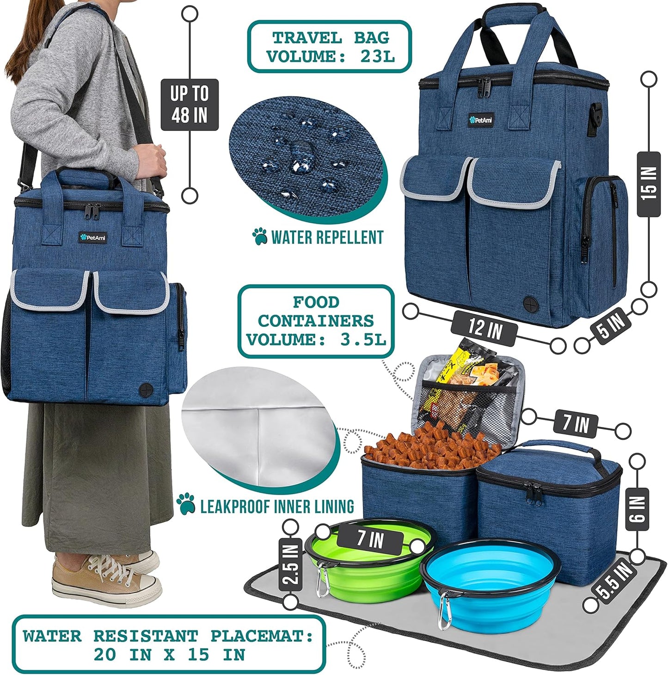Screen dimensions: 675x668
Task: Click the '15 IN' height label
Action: point(649,184)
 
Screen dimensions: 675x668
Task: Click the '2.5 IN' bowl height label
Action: point(291,565)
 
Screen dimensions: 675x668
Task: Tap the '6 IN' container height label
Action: point(637,509)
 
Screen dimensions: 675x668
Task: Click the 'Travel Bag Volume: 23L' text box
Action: point(330,47)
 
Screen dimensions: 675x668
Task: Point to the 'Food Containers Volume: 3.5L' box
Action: point(316,321)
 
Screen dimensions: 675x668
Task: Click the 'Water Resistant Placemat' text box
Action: point(169,644)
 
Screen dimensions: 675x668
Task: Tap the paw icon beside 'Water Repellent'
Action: point(260,236)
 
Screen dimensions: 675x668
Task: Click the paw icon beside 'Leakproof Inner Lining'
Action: point(186,504)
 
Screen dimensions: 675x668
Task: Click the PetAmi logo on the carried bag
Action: point(93,238)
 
